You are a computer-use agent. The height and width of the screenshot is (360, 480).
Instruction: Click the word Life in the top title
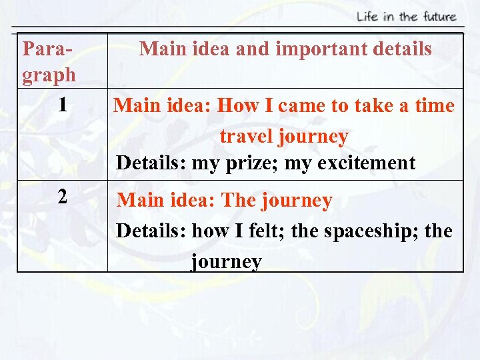click(x=366, y=17)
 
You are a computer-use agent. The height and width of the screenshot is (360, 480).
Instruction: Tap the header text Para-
click(x=47, y=49)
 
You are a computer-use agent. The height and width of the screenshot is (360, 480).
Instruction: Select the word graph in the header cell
click(x=49, y=75)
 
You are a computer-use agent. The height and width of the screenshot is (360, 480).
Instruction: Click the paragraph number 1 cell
click(x=62, y=105)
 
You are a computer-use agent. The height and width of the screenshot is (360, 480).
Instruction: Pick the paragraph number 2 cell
click(x=62, y=197)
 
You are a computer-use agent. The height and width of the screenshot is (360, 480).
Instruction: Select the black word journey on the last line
click(x=226, y=261)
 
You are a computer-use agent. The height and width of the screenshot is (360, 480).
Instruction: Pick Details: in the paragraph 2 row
click(x=150, y=231)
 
